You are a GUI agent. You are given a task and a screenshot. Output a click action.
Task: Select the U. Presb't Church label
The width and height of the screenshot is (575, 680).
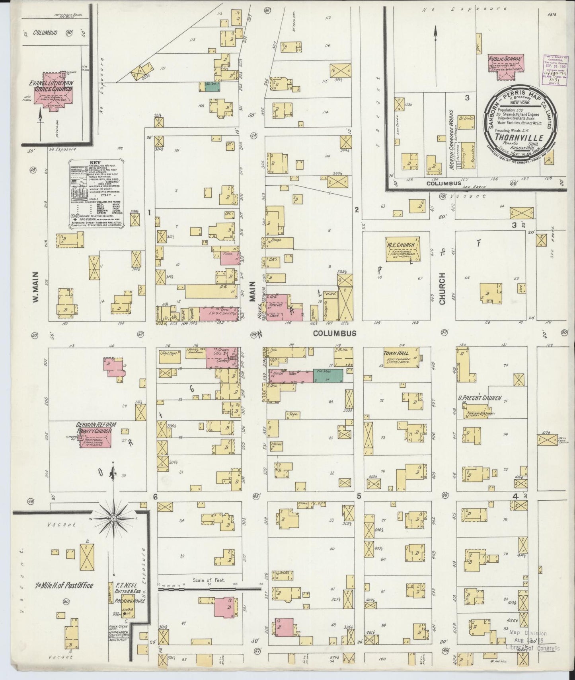[x=479, y=398]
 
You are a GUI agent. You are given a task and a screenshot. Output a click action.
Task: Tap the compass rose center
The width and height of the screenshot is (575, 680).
[x=114, y=519]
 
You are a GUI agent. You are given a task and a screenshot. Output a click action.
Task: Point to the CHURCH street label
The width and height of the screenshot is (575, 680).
[x=442, y=288]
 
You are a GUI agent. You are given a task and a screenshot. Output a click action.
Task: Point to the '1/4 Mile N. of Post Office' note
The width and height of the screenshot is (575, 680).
[x=63, y=585]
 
